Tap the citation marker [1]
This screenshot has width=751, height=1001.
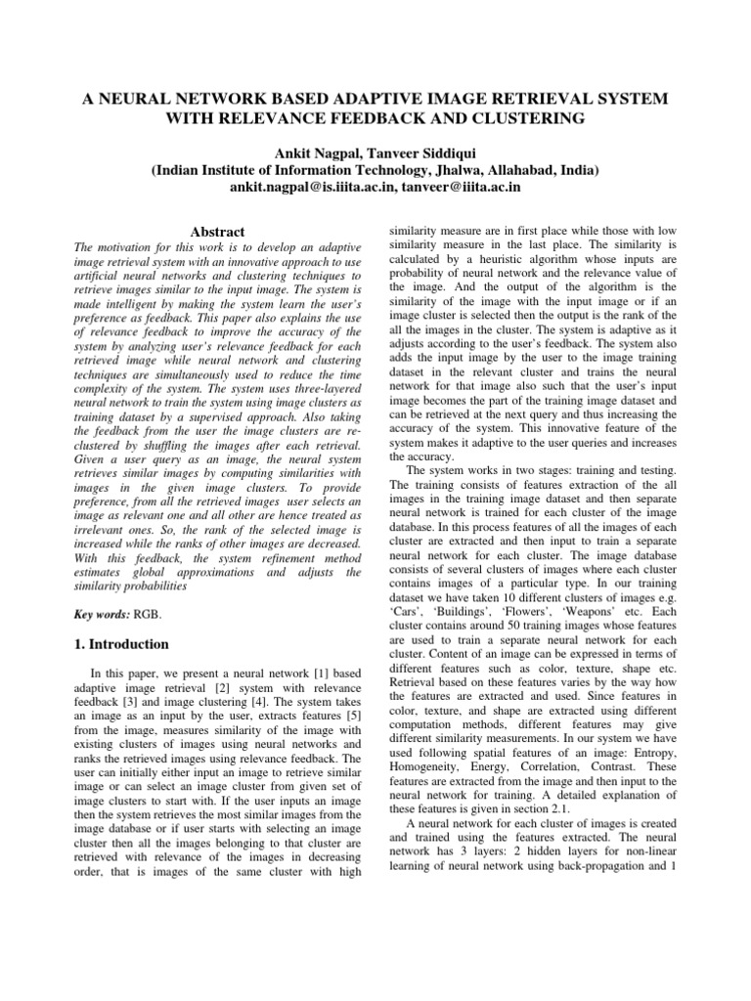pos(303,646)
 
